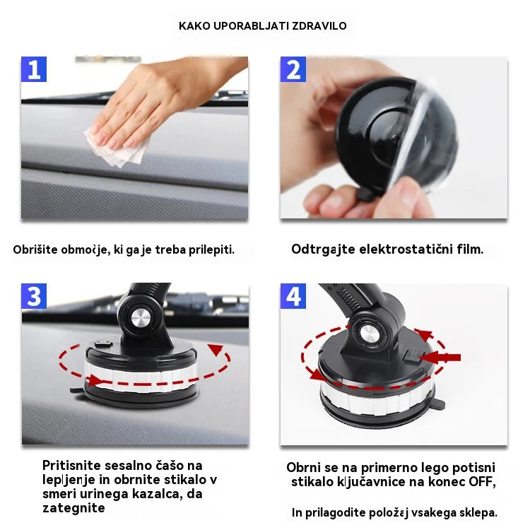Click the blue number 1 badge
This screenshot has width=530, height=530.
point(33,69)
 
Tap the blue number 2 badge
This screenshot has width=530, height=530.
point(293,69)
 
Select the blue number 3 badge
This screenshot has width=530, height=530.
point(33,296)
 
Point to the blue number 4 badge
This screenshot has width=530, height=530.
point(293,296)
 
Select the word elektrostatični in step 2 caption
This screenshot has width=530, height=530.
point(399,249)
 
